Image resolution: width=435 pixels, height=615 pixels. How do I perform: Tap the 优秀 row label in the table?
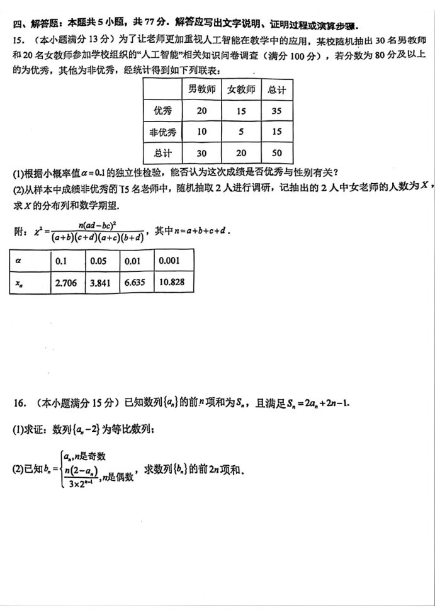tap(162, 111)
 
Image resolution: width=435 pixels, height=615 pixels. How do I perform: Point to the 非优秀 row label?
tap(162, 132)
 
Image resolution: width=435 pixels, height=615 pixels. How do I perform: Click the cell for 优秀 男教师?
tap(201, 111)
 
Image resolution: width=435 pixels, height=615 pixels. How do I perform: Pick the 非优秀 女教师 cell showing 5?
tap(240, 132)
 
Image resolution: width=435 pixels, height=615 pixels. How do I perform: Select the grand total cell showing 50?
tap(276, 153)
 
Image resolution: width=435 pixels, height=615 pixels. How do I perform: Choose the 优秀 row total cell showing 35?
tap(276, 111)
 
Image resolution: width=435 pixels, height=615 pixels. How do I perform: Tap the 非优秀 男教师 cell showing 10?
tap(201, 132)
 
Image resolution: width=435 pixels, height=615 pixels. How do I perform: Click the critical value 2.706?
tap(66, 283)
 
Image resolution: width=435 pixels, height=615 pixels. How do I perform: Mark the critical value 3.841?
tap(101, 283)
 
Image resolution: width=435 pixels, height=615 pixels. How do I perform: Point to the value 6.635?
tap(135, 283)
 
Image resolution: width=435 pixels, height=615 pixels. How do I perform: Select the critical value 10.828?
tap(172, 283)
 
